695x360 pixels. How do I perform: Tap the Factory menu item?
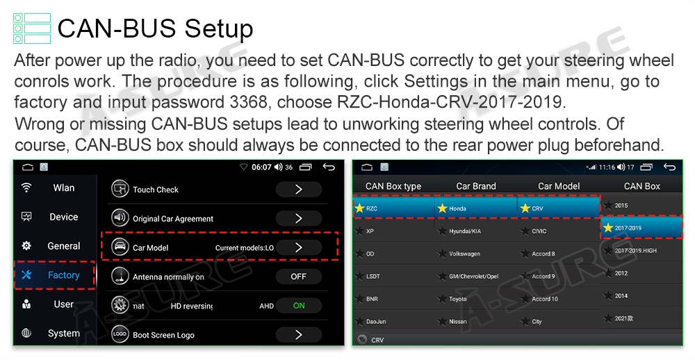(63, 275)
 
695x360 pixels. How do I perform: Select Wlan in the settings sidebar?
(64, 188)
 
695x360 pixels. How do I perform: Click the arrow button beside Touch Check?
(298, 189)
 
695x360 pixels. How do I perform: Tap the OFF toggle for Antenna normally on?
(298, 277)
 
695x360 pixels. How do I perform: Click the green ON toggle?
(299, 306)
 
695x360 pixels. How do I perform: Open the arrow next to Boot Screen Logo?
(298, 334)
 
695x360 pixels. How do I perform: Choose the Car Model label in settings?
(151, 248)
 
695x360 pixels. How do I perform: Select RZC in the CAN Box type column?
(372, 208)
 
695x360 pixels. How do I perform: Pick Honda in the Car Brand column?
(457, 208)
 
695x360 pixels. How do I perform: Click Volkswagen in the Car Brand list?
(464, 254)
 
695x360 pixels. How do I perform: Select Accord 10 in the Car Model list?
(545, 299)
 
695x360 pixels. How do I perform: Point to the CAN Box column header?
(641, 186)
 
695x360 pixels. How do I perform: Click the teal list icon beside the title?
(32, 28)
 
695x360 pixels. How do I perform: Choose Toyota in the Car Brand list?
(458, 300)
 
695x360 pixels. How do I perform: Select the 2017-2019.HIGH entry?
(636, 250)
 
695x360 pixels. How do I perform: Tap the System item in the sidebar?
(64, 334)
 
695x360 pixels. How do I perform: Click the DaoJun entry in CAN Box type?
(376, 321)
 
